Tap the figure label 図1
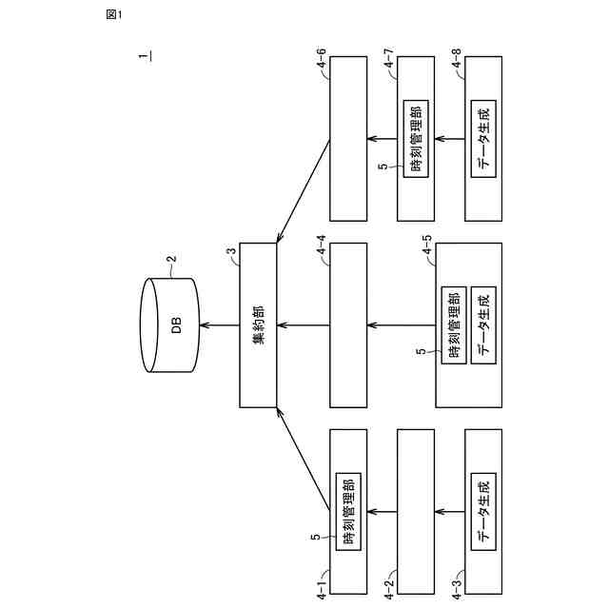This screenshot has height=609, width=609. click(114, 14)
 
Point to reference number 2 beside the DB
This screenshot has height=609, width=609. click(172, 258)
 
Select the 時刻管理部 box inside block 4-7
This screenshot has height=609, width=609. click(415, 136)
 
